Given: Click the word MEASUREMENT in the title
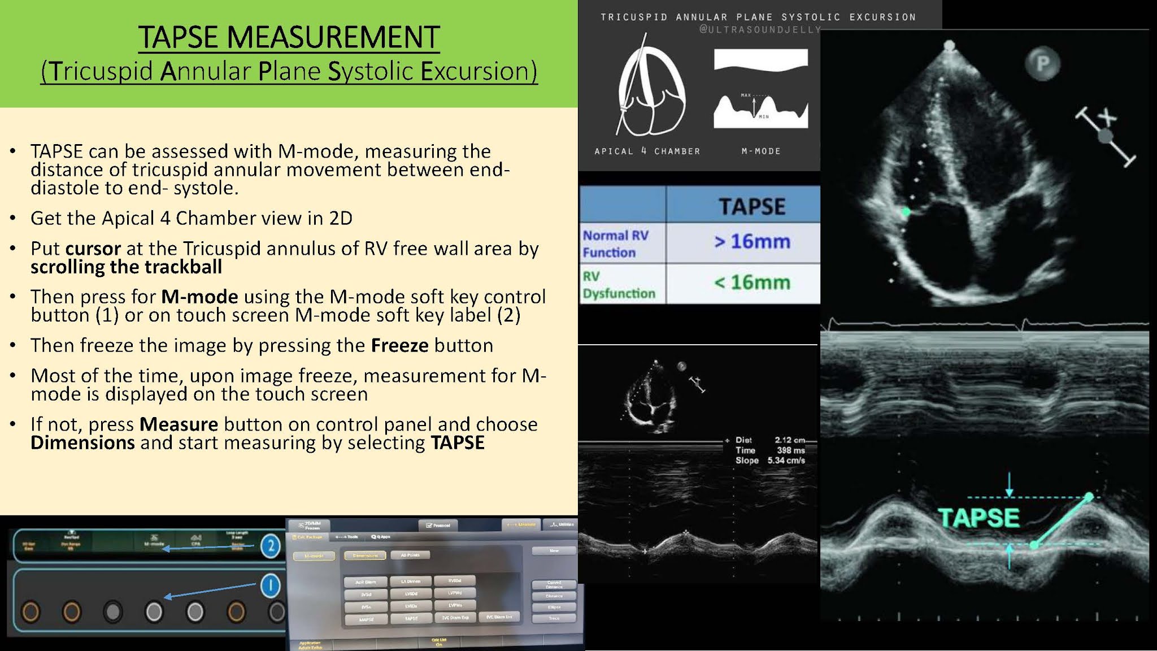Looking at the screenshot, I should click(x=333, y=37).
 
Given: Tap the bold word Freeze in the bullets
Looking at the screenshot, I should click(x=399, y=345).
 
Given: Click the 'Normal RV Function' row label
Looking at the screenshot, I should click(x=616, y=244).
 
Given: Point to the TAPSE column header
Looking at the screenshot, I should click(x=751, y=206).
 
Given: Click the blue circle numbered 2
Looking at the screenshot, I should click(x=271, y=545).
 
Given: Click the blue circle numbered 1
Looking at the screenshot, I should click(x=271, y=585).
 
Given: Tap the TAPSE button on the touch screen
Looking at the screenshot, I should click(x=411, y=618).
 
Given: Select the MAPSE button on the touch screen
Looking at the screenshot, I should click(x=366, y=619).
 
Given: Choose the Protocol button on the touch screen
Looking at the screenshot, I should click(x=438, y=525).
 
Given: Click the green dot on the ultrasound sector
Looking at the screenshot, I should click(x=906, y=212).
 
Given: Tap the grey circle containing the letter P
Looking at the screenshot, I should click(x=1042, y=63).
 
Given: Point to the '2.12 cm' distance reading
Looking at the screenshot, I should click(x=789, y=440).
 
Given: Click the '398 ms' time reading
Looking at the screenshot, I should click(x=790, y=450).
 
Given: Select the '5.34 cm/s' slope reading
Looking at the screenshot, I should click(x=786, y=461).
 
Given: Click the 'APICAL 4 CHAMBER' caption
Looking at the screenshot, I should click(x=647, y=151).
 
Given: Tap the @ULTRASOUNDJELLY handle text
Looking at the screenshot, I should click(x=760, y=29).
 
